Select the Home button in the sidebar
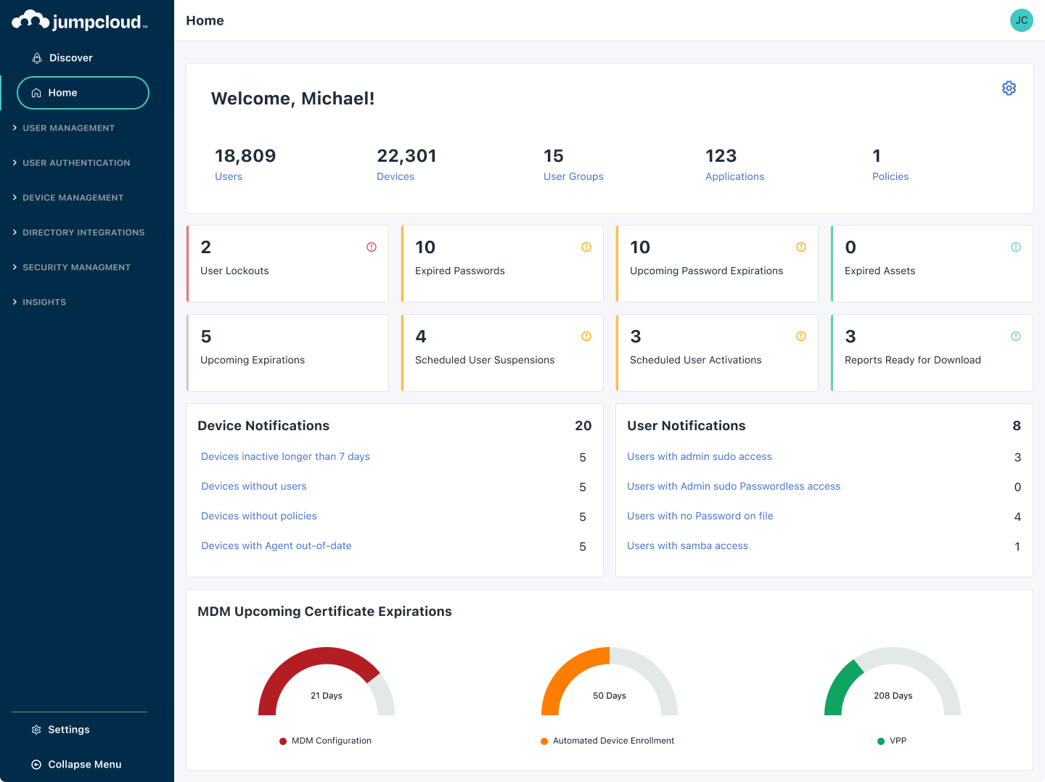coord(83,93)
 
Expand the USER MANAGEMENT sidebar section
coord(68,128)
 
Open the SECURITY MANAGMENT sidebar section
coord(76,268)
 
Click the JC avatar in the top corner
coord(1021,20)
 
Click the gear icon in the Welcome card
coord(1009,89)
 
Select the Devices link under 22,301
coord(396,177)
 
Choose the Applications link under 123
coord(734,177)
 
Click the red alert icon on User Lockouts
coord(372,247)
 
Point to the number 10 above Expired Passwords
coord(425,247)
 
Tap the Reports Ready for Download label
coord(912,361)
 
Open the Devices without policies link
coord(259,516)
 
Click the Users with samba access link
coord(687,546)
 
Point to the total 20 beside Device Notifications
coord(583,426)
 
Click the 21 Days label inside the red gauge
coord(327,696)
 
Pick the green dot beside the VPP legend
coord(881,741)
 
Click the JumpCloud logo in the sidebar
coord(80,21)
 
